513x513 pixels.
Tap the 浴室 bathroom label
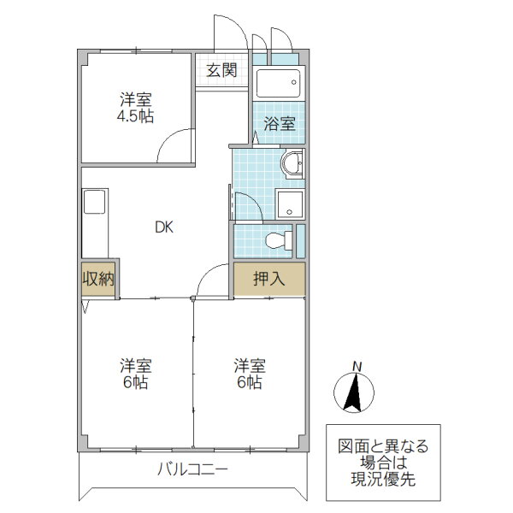tap(279, 123)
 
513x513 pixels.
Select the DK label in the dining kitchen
tap(164, 227)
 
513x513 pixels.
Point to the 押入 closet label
tap(268, 279)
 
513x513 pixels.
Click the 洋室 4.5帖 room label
tap(135, 107)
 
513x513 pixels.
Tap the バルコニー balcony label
tap(192, 469)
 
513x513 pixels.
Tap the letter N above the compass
tap(357, 368)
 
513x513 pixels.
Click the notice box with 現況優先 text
tap(384, 463)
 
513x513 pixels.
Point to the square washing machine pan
tap(290, 203)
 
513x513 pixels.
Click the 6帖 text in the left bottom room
tap(135, 383)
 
